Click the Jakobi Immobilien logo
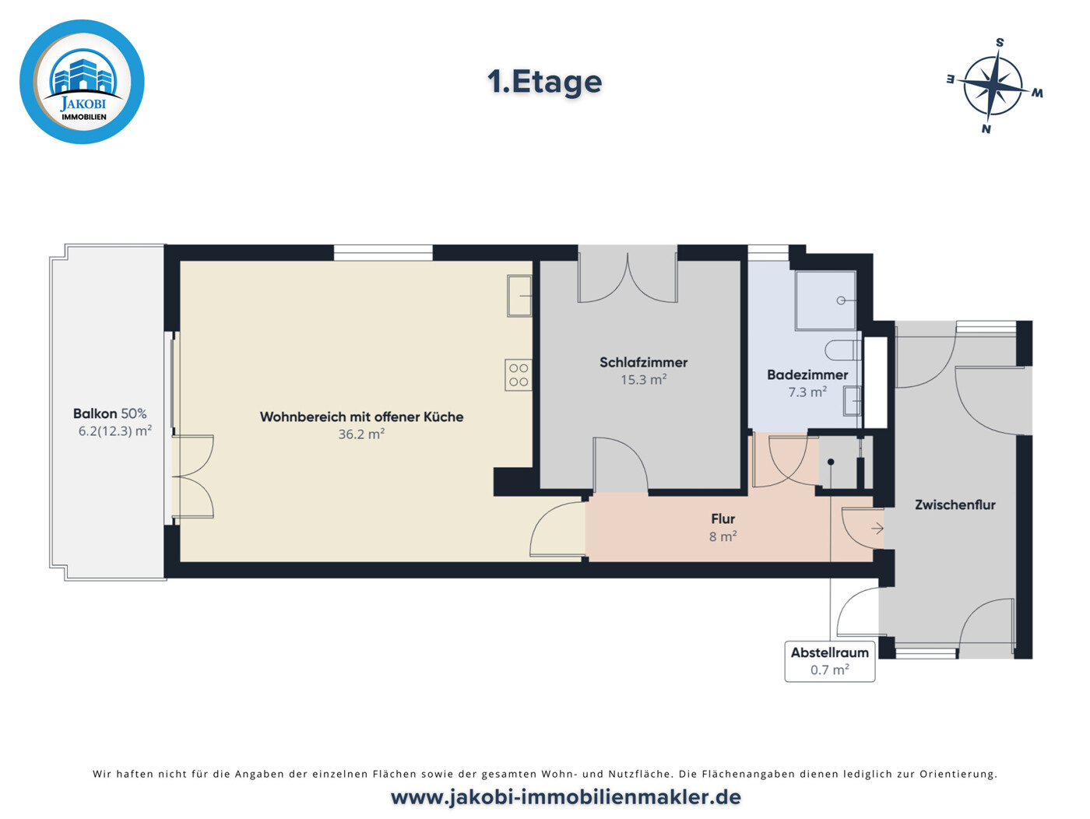coord(82,82)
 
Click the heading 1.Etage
coord(544,82)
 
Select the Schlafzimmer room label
coord(643,362)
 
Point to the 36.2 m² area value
coord(361,434)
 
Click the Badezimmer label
coord(807,374)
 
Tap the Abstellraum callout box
coord(830,662)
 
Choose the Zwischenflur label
coord(955,504)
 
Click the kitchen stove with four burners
coord(519,374)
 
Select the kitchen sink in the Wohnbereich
coord(519,297)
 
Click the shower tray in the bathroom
coord(825,301)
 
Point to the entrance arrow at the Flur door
coord(877,529)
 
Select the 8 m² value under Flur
coord(723,536)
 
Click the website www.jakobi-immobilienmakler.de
coord(565,797)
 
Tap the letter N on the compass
coord(986,129)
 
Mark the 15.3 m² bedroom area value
coord(644,380)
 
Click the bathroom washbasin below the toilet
coord(852,401)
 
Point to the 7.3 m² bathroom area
coord(807,392)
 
